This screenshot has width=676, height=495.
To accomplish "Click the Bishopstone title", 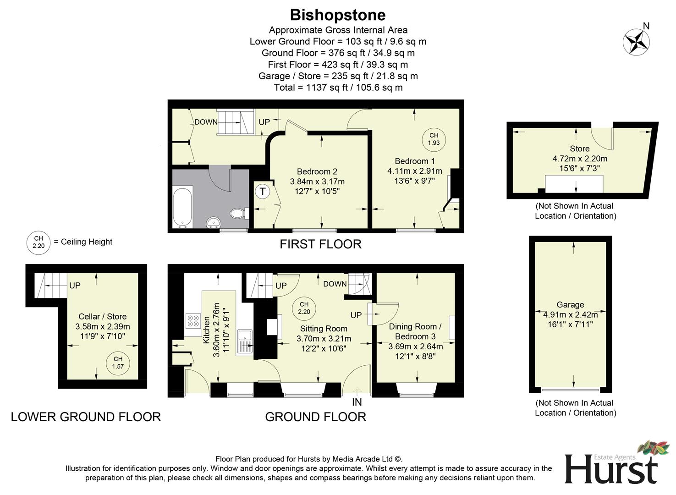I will point(338,15).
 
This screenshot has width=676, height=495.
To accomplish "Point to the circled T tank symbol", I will point(263,192).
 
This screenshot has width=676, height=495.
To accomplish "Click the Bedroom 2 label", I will point(317,171).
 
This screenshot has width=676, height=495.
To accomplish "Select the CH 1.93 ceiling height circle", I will point(434,139).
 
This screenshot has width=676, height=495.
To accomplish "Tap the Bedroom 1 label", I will point(415,161).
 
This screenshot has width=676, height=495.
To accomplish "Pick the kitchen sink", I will point(245,341).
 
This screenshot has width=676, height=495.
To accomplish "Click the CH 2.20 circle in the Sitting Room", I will point(304,308).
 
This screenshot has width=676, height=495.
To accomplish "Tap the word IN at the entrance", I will point(357,402).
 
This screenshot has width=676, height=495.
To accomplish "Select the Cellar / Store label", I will point(102,317).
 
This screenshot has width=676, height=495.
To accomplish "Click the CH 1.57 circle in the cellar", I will point(118,363).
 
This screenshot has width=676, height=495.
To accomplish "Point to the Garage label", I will point(570,305).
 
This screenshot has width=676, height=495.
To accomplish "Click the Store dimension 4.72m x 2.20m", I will point(580,159).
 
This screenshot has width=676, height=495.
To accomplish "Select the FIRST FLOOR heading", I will point(320,244).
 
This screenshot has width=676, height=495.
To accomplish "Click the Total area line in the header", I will point(338,88).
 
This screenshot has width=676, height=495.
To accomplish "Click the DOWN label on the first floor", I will point(206,122).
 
